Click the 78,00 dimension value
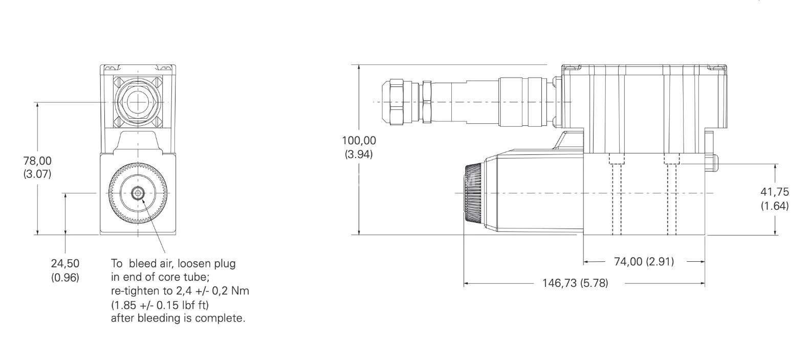37,161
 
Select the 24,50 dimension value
65,264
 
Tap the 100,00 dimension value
359,141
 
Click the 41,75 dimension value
774,192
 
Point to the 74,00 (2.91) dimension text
644,262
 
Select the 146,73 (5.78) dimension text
575,283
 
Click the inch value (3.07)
37,174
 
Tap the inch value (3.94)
359,154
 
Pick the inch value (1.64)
774,206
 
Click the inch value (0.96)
65,278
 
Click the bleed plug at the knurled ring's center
138,193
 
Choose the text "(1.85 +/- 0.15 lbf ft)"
160,305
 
